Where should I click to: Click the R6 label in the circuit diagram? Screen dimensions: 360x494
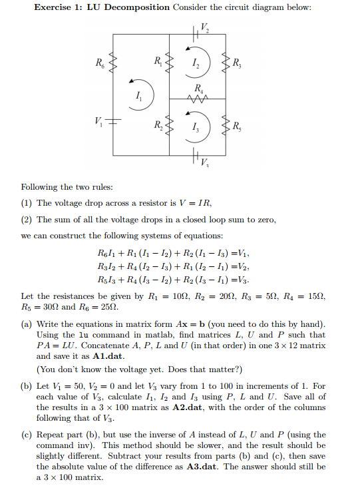click(x=100, y=65)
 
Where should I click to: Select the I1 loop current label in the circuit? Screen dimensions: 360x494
click(x=138, y=98)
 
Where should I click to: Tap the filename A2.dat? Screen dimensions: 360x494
click(x=188, y=407)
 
